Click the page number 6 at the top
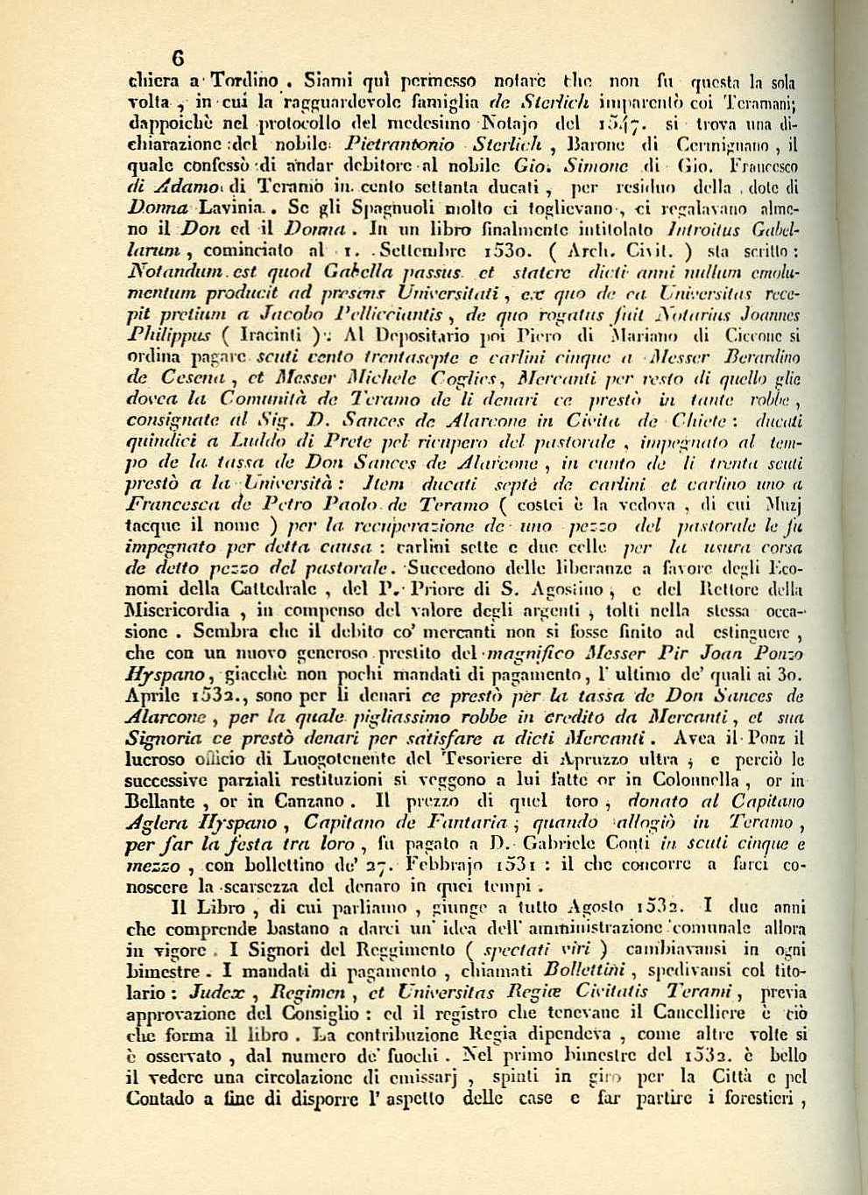pos(177,59)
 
